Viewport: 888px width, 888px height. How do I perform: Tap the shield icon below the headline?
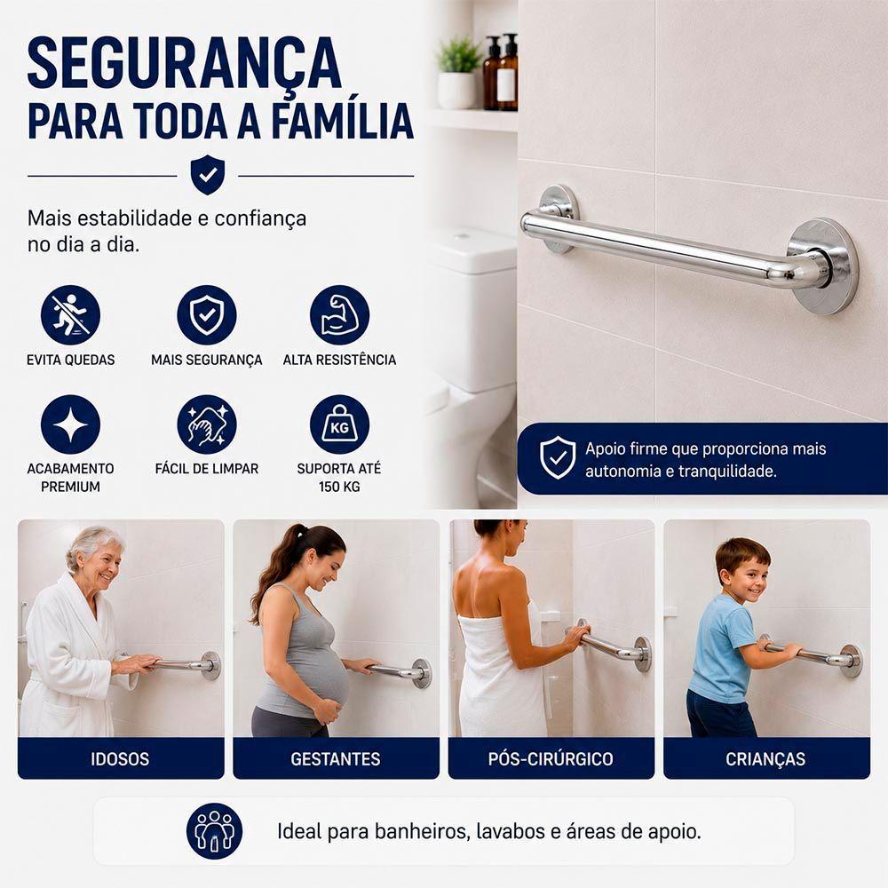pos(207,174)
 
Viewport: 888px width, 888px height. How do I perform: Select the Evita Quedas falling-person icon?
pos(70,315)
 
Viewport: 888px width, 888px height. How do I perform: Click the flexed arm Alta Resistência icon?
pos(339,315)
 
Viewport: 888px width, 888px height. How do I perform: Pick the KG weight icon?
pos(339,424)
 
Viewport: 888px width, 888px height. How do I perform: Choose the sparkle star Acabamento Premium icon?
pos(70,424)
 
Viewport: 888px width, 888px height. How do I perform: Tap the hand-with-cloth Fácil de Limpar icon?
pos(207,424)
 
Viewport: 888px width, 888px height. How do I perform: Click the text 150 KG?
pos(339,487)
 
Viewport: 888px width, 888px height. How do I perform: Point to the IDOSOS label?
pos(120,759)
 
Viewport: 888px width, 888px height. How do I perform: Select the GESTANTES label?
pos(336,759)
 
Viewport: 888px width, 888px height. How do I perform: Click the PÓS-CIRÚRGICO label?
pos(551,758)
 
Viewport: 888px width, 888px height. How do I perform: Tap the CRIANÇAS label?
pos(765,759)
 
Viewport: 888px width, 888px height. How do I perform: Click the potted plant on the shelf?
pos(457,72)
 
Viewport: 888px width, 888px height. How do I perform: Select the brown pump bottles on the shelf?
pos(501,72)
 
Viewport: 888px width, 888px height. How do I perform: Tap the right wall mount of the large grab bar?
pos(822,266)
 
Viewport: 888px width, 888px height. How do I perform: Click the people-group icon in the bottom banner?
pos(214,831)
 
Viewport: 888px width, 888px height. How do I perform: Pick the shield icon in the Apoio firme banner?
pos(558,457)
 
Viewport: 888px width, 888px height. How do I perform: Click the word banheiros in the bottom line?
pos(421,831)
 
